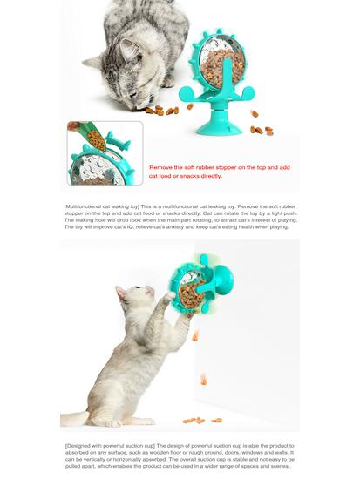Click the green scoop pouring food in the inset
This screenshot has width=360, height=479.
pos(90,137)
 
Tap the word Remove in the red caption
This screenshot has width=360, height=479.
pos(162,166)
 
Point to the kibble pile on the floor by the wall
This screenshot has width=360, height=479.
pos(197,420)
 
